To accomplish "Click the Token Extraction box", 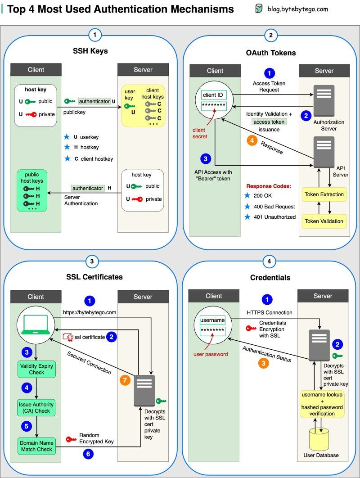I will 324,194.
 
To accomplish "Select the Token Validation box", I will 324,221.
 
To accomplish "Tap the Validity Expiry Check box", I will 36,369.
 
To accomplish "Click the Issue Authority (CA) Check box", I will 36,407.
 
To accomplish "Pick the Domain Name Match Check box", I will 36,446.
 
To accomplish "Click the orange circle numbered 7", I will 125,380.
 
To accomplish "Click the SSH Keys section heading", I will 90,51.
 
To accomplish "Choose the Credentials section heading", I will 270,277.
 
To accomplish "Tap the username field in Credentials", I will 212,320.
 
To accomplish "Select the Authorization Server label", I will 329,125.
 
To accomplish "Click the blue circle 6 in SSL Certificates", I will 88,454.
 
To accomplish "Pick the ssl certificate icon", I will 68,337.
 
